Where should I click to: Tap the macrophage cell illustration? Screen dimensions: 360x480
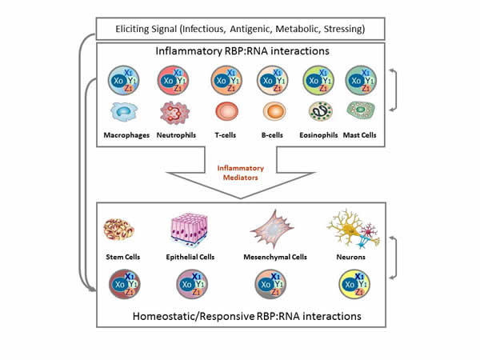click(126, 113)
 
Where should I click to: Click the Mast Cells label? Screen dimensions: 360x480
click(362, 134)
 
